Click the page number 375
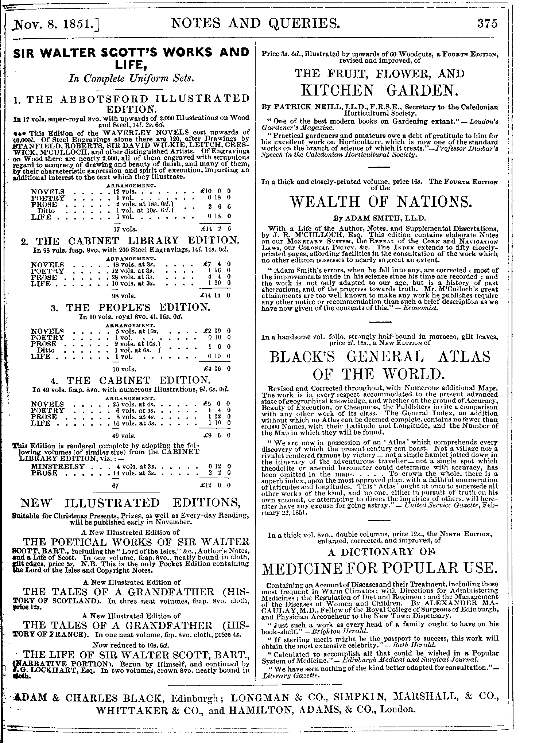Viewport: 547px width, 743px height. tap(487, 24)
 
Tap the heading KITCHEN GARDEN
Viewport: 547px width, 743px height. tap(379, 90)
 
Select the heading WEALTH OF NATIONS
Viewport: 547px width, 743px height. tap(379, 202)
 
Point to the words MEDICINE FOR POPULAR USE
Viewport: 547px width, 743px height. tap(379, 568)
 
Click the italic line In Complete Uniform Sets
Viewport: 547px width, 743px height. tap(131, 79)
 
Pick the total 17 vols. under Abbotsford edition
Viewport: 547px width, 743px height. tap(125, 229)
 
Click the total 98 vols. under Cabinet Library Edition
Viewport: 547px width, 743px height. tap(125, 296)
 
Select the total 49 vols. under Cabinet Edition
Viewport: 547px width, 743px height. tap(125, 435)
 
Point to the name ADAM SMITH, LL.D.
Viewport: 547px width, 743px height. tap(379, 219)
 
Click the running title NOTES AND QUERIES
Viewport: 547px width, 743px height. tap(255, 24)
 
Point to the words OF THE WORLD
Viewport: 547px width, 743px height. tap(379, 374)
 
